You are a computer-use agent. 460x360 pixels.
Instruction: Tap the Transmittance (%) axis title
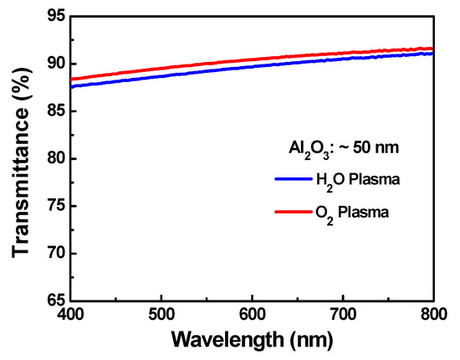tap(18, 157)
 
